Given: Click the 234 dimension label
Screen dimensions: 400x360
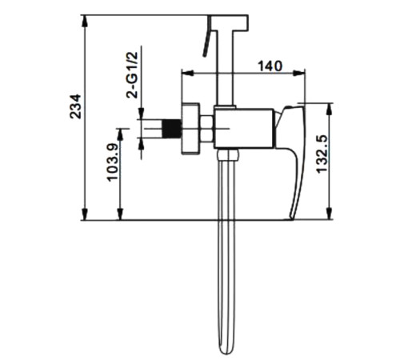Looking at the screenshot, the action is tap(75, 106).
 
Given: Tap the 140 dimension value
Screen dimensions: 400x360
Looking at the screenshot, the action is tap(270, 66).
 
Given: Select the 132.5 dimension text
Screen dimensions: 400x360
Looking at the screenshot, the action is tap(321, 154).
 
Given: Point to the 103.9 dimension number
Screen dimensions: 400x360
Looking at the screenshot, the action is tap(112, 162).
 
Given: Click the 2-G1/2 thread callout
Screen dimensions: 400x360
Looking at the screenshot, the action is tap(132, 75).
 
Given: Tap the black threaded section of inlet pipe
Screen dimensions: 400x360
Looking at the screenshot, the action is tap(171, 129).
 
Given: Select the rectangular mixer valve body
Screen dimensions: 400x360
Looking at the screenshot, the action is tap(244, 128).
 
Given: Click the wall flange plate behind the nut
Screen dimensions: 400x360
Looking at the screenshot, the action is tap(190, 129).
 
